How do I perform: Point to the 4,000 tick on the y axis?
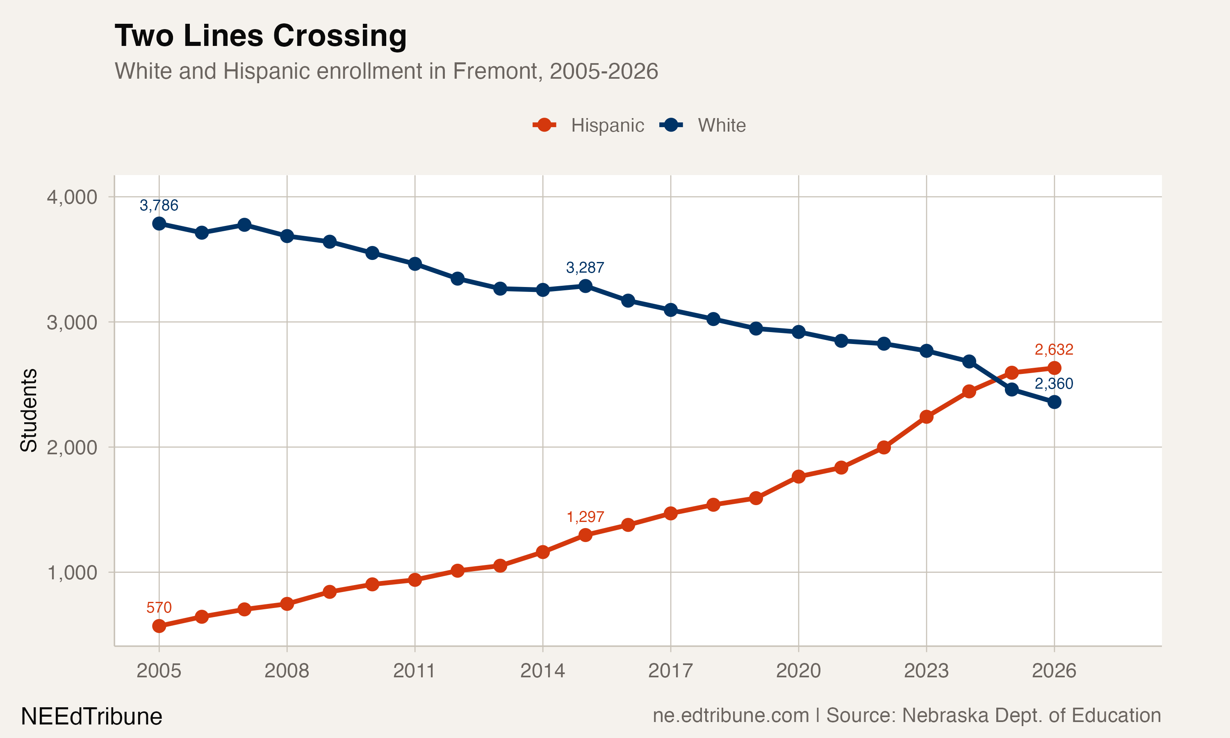[x=72, y=197]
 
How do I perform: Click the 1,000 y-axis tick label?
[x=72, y=572]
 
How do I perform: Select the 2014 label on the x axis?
[x=542, y=671]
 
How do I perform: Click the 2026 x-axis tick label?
[x=1054, y=671]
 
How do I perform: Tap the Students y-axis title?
[x=28, y=410]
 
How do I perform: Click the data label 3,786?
[x=159, y=205]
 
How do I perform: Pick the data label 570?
[x=159, y=607]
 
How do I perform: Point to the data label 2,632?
[x=1054, y=350]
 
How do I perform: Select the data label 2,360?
[x=1054, y=383]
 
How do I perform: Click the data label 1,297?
[x=585, y=517]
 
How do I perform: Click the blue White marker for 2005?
[x=159, y=224]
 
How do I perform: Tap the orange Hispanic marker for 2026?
[x=1054, y=368]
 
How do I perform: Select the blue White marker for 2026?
[x=1054, y=402]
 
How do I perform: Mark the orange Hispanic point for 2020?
[x=798, y=476]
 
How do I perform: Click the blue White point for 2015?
[x=585, y=286]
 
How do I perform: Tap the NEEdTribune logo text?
[x=91, y=717]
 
